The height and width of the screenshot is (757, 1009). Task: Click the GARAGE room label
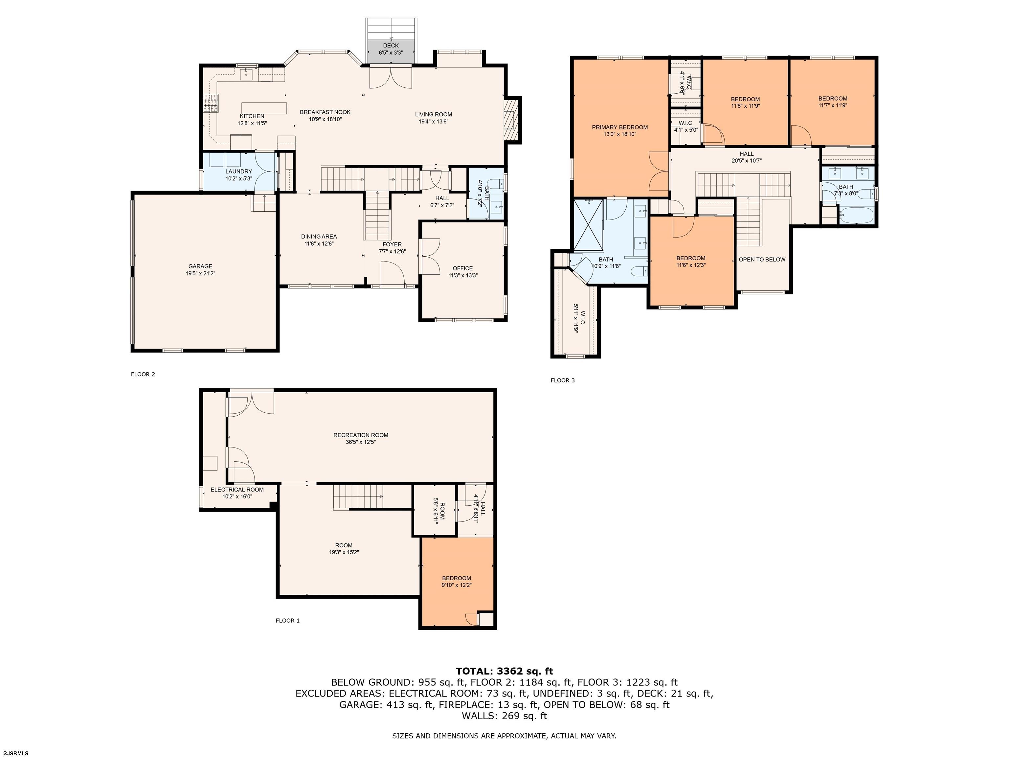(x=200, y=266)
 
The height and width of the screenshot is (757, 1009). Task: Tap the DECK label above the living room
(x=391, y=46)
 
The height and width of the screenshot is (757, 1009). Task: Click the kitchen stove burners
(x=211, y=103)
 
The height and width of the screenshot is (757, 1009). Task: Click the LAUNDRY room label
(x=238, y=172)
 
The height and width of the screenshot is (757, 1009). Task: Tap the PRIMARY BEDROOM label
(x=620, y=127)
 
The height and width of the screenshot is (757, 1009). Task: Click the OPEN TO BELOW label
(x=762, y=260)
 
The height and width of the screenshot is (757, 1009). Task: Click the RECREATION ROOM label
(x=361, y=435)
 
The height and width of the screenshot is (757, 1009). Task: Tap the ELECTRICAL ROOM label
(x=237, y=490)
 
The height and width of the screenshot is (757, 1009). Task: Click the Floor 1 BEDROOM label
(x=456, y=578)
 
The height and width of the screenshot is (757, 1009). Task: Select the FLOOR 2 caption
(x=143, y=374)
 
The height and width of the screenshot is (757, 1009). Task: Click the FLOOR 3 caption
(x=563, y=380)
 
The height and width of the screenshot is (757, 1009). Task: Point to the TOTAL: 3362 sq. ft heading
(x=504, y=671)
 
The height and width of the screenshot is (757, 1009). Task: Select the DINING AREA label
(x=319, y=236)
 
